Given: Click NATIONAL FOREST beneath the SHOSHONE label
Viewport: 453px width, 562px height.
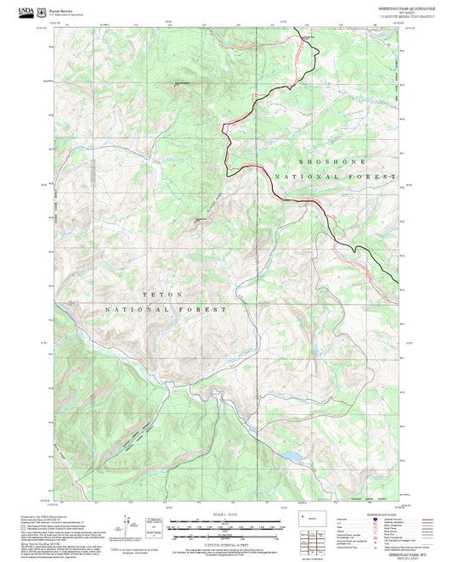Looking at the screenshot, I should [335, 177].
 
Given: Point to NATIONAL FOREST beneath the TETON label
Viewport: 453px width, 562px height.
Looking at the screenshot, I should [165, 310].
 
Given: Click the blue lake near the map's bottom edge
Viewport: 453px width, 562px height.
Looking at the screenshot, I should [292, 457].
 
